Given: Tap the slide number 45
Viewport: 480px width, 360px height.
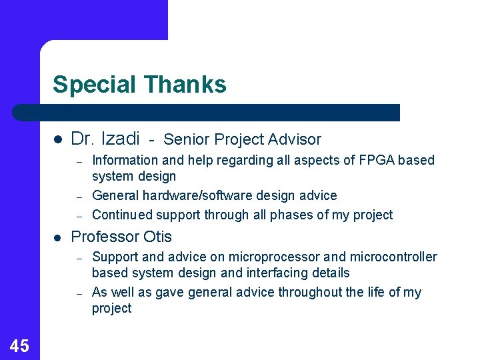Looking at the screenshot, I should [x=19, y=345].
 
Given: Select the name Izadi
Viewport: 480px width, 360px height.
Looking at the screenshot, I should [x=120, y=139].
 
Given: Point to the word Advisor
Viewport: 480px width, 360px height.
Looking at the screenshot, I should [x=295, y=139].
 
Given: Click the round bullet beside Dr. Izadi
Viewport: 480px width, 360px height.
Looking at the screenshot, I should [x=57, y=139].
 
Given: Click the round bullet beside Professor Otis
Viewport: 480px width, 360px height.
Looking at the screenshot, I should [x=57, y=237].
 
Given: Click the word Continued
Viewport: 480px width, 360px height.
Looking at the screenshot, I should [x=122, y=215].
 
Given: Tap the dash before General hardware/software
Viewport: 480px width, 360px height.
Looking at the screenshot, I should [x=78, y=197].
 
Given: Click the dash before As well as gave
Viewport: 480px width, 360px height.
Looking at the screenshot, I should [x=78, y=293].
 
